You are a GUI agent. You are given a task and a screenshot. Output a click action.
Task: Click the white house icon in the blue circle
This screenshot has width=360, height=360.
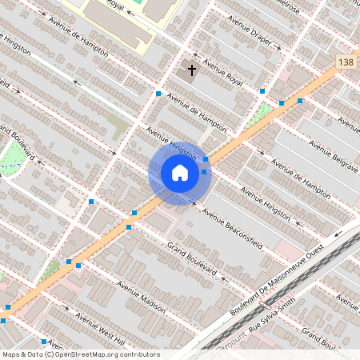click(x=180, y=172)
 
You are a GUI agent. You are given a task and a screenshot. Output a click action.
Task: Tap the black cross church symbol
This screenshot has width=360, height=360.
click(x=191, y=70)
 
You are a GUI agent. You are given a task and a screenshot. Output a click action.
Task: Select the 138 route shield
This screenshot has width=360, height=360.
click(x=346, y=62)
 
